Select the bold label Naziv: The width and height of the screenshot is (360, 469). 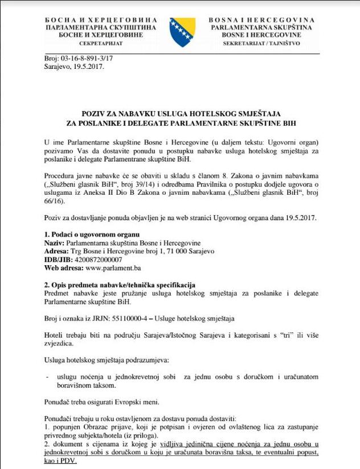(55, 242)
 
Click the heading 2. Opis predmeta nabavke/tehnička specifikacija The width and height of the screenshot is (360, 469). (120, 284)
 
